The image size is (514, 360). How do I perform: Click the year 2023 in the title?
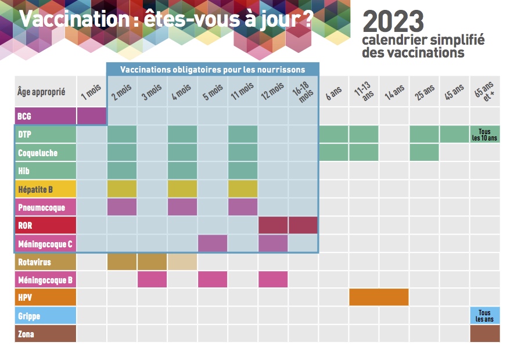(393, 22)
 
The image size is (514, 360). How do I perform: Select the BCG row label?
(45, 116)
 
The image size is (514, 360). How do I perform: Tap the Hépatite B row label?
(45, 189)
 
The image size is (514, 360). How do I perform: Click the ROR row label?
(45, 225)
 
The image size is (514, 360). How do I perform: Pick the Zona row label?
(45, 334)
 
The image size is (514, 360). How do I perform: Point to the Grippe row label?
(45, 316)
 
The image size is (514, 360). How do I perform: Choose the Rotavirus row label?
(45, 262)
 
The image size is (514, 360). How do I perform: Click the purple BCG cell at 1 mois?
(91, 116)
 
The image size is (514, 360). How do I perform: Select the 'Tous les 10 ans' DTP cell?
(484, 135)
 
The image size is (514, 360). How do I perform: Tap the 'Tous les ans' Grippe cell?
(484, 316)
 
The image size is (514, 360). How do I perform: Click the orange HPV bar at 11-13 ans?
(379, 297)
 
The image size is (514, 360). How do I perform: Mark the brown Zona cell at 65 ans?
(484, 334)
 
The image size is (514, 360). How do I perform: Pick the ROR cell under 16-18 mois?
(303, 225)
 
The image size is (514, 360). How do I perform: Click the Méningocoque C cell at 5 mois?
(213, 243)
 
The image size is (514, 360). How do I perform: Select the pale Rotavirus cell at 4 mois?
(182, 262)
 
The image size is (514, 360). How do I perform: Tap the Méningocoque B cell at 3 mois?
(152, 279)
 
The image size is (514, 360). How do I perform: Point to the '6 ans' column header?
(333, 92)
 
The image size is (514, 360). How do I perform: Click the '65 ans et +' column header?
(484, 92)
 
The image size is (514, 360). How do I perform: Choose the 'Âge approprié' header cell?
(45, 92)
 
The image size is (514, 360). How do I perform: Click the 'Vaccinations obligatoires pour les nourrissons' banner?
(213, 70)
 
